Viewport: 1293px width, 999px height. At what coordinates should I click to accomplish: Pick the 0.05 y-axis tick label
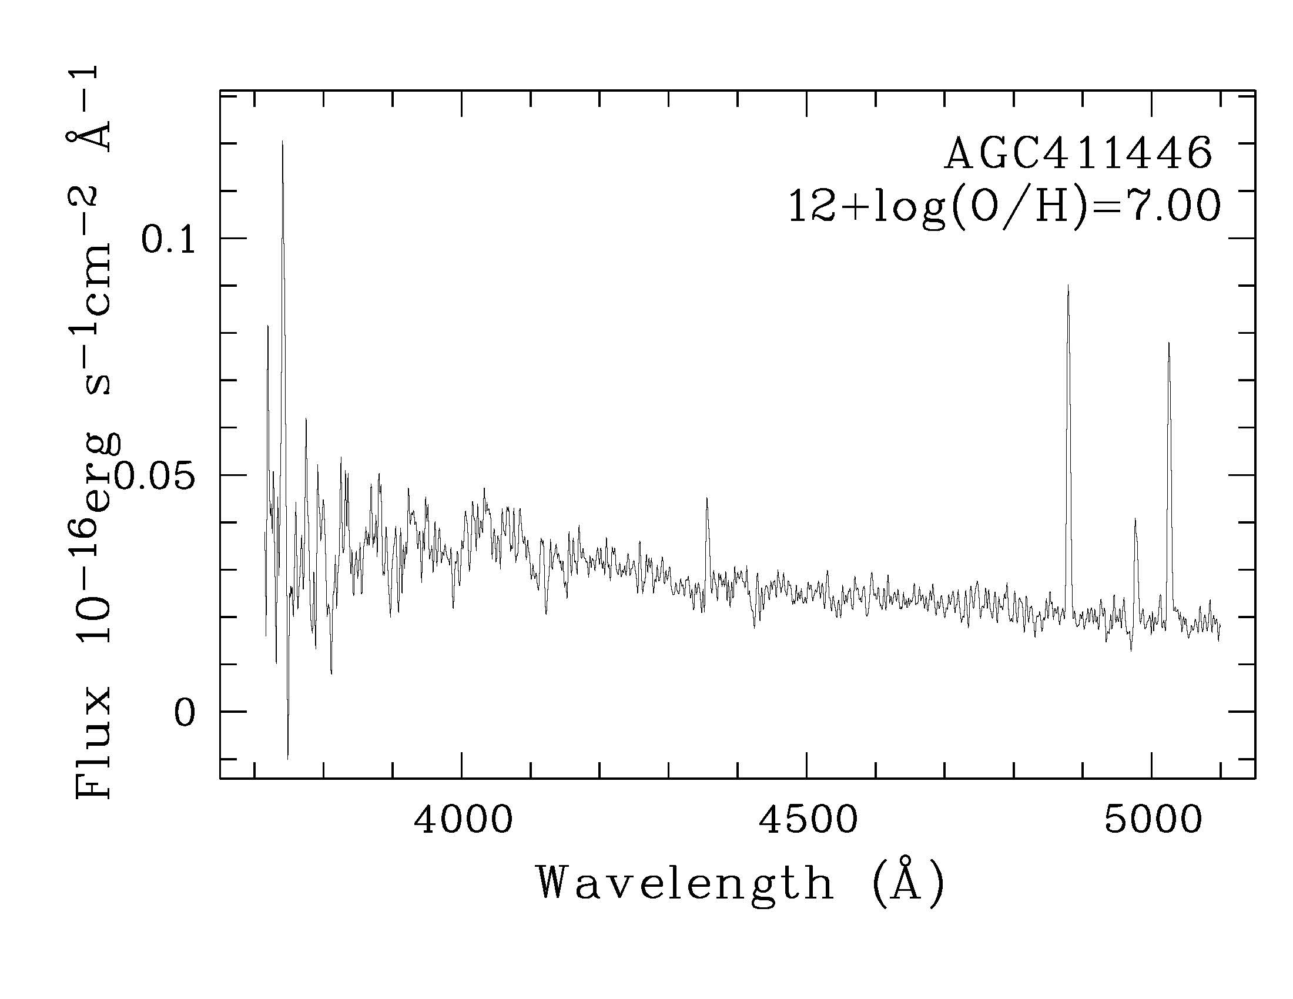(x=155, y=477)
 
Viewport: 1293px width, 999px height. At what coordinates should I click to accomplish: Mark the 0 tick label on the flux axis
(x=184, y=714)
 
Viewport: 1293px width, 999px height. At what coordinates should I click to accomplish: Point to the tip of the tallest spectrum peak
(x=282, y=142)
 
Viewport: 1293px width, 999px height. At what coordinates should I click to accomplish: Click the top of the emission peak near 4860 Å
(x=1067, y=286)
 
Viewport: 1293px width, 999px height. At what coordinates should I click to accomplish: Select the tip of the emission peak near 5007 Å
(x=1168, y=343)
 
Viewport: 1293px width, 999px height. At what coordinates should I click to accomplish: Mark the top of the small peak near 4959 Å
(x=1135, y=519)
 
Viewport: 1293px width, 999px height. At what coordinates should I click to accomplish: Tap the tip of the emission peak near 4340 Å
(x=706, y=499)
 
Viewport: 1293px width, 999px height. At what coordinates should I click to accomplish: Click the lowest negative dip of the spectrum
(x=288, y=758)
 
